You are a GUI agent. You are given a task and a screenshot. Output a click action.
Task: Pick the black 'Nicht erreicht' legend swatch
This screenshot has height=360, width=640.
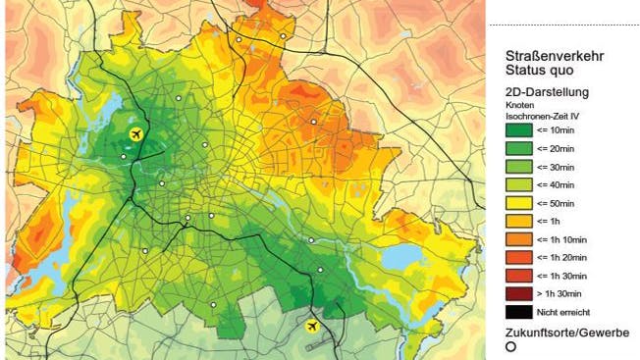tap(517, 312)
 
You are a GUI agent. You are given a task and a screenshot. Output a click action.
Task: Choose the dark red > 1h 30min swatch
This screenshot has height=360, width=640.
tap(517, 293)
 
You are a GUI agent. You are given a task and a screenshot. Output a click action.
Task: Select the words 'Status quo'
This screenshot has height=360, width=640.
tap(538, 72)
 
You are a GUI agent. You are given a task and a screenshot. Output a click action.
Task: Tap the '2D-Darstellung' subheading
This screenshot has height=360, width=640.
tap(546, 92)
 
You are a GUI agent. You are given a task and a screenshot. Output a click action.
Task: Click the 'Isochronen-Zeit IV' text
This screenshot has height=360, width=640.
tap(540, 115)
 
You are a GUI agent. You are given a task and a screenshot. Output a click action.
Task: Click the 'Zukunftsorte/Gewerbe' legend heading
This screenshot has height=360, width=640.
tap(566, 333)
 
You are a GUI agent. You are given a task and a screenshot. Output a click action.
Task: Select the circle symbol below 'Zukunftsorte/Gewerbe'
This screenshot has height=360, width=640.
tap(511, 347)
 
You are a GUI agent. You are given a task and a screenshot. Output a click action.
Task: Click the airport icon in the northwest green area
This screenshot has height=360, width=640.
tap(135, 132)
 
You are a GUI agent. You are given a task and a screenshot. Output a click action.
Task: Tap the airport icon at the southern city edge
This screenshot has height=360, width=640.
tap(313, 325)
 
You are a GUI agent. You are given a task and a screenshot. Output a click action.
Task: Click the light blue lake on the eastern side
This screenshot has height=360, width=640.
tap(401, 256)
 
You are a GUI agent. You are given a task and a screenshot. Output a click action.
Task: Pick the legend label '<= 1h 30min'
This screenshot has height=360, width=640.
tap(561, 275)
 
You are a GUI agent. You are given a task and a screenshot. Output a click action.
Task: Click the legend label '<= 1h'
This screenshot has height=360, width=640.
tap(548, 220)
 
